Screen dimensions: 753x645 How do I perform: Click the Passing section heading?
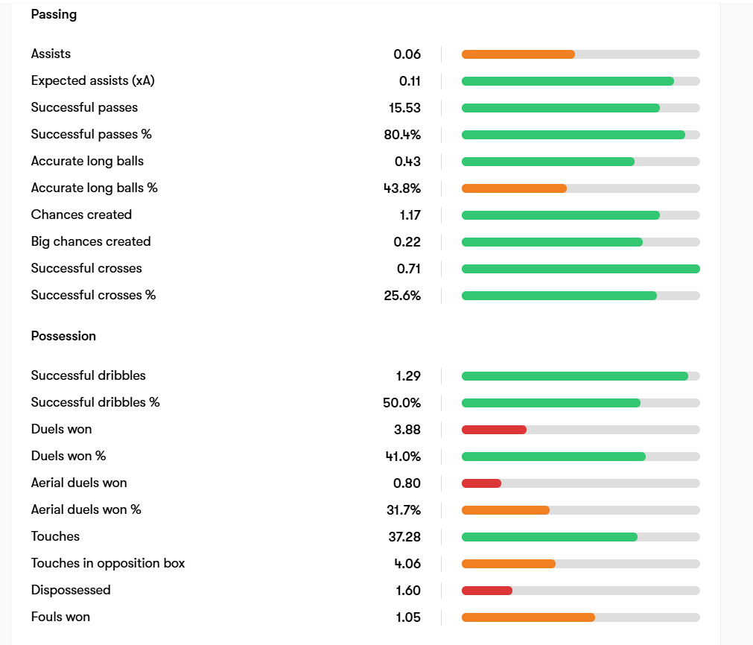point(54,14)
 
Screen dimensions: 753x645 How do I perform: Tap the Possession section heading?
point(63,336)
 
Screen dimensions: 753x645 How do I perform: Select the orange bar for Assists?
point(518,54)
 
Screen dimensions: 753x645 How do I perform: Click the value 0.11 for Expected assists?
point(410,81)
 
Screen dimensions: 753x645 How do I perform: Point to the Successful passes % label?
point(92,134)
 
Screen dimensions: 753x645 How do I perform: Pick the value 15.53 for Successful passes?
point(404,108)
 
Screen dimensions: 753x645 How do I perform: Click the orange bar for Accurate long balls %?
point(514,188)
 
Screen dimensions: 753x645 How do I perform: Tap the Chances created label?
point(81,215)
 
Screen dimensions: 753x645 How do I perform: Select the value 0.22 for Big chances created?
point(407,242)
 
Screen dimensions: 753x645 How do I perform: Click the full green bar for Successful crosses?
point(581,269)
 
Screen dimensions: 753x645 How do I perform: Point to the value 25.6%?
point(402,296)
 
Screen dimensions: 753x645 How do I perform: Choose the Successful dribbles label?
point(89,375)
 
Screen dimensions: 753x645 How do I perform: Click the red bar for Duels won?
point(494,430)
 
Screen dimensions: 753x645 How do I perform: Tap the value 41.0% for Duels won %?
point(403,457)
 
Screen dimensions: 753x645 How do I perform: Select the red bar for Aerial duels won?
point(481,483)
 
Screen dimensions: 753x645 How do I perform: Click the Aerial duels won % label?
point(86,509)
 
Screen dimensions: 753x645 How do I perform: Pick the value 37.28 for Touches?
point(404,537)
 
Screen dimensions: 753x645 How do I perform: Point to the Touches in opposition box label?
point(108,563)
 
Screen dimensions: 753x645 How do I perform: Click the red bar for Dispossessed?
point(487,591)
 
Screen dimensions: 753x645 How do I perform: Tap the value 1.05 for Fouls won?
point(407,617)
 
